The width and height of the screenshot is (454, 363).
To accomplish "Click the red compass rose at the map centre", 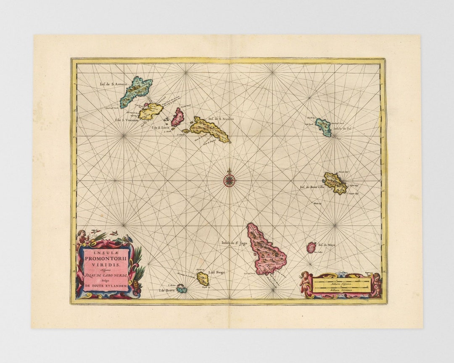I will coord(229,180).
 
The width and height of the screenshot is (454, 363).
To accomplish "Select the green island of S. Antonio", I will coord(135,90).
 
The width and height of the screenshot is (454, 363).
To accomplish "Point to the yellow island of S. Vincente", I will coord(150,111).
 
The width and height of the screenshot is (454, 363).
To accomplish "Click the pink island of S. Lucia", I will coord(178,117).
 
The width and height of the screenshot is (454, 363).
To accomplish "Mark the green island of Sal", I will coord(323,127).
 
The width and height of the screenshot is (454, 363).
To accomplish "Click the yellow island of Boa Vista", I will coord(335,183).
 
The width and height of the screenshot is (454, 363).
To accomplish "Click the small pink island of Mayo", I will coord(311,247).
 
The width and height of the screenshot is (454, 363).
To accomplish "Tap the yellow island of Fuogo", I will coord(203,279).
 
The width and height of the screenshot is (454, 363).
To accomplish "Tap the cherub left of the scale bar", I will coord(304,281).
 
